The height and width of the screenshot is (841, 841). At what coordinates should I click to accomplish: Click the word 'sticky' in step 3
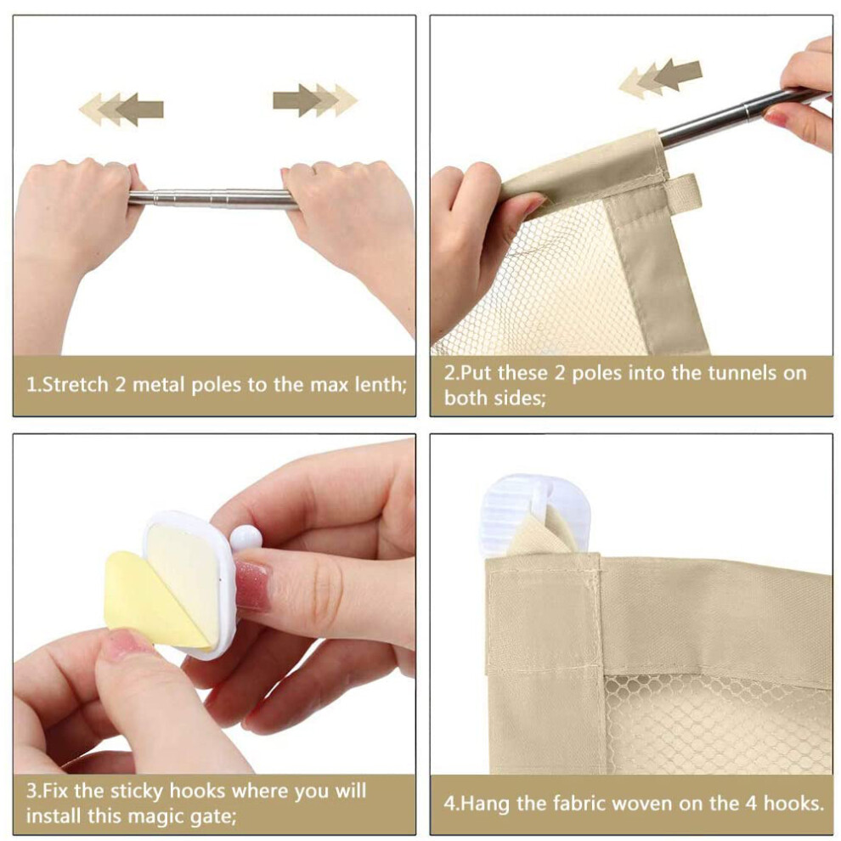(133, 792)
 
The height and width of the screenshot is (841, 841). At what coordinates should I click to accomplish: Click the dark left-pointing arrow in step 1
(139, 110)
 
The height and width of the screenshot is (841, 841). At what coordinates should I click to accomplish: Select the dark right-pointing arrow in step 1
(297, 99)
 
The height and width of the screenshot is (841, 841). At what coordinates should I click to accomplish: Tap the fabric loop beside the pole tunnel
(685, 191)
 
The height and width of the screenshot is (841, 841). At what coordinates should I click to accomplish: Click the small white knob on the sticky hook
(246, 538)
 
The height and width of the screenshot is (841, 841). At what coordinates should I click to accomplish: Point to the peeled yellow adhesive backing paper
(153, 599)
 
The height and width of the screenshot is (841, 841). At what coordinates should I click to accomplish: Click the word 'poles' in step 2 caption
(595, 373)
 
